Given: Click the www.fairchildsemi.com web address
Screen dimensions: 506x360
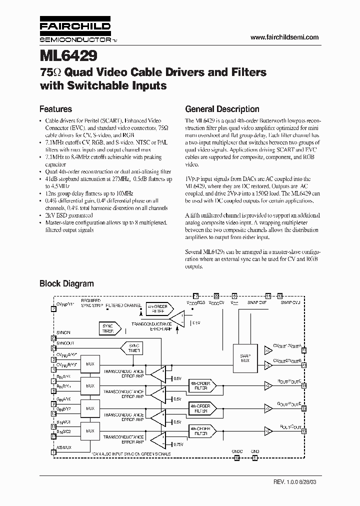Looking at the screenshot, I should [x=284, y=37].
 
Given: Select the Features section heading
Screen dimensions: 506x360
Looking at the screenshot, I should [x=55, y=109].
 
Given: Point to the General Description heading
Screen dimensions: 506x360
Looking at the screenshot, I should [x=222, y=109].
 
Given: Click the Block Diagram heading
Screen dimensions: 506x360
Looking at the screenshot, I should [x=66, y=283].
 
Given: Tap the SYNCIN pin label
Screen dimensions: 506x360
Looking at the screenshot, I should [x=64, y=332].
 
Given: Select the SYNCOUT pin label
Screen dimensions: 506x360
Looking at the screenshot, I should [x=65, y=342].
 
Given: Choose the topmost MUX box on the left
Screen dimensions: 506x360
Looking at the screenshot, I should [x=90, y=364].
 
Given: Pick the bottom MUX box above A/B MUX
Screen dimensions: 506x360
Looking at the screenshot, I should [x=90, y=430].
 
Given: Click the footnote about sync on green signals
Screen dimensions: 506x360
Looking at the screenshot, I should [x=131, y=454].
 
